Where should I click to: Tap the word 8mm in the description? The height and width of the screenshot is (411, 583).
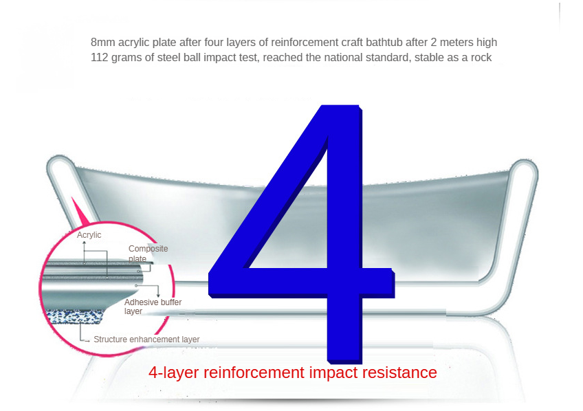coord(102,43)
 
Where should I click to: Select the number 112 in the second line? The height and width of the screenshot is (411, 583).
coord(99,58)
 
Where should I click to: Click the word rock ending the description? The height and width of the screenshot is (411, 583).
coord(481,58)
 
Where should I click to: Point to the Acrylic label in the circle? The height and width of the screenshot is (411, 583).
coord(89,235)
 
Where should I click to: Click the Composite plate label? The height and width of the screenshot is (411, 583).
coord(148,254)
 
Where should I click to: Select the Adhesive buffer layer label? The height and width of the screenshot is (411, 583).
coord(153,307)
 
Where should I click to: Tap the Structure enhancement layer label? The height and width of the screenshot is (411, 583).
coord(146,340)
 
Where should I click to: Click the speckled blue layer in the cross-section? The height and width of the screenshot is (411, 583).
coord(74,317)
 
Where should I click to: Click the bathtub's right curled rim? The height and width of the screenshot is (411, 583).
coord(525,170)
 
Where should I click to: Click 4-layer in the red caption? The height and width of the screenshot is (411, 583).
coord(174,373)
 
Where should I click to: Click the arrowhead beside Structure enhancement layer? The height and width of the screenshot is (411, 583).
coord(88,341)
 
